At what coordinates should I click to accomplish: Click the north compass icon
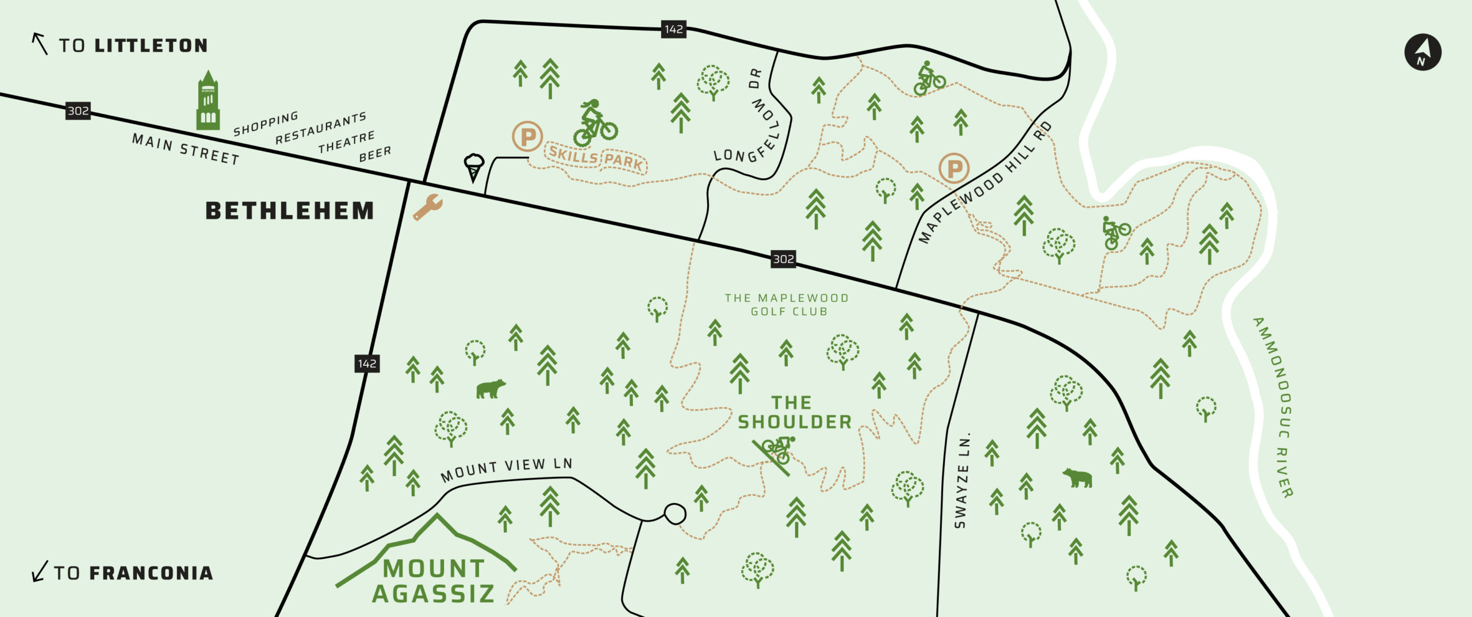coord(1423,52)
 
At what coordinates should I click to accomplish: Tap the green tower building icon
coord(208,102)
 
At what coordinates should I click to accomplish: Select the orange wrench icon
coord(427,207)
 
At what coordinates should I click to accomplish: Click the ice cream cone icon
coord(474,167)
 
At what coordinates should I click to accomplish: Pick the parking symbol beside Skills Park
coord(527,137)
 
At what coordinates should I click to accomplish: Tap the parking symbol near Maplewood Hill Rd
coord(954,168)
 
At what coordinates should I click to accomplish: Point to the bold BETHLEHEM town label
coord(290,210)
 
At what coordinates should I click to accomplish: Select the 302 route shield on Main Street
coord(78,110)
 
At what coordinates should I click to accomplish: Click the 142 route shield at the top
coord(673,29)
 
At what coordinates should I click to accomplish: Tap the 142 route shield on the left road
coord(367,363)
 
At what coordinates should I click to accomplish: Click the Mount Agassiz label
coord(433,581)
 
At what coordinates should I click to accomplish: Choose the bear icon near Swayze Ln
coord(1077,478)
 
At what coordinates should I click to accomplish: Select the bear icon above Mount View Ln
coord(490,389)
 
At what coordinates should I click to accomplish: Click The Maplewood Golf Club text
coord(787,305)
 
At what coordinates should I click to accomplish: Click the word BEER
coord(375,154)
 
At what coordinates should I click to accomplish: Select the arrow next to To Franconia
coord(39,572)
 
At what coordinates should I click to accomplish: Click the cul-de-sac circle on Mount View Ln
coord(674,513)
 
